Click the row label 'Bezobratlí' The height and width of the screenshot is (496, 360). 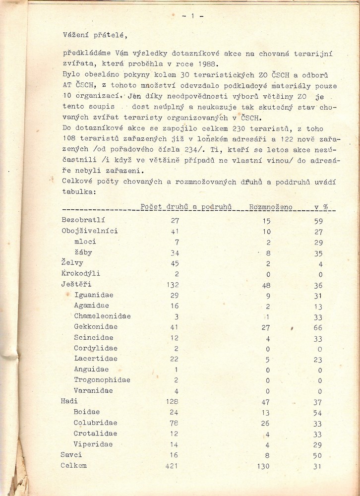coord(83,220)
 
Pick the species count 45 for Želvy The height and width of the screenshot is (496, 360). coord(175,263)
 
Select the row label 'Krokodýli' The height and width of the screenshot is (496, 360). coord(81,274)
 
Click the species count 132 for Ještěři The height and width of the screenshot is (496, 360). coord(173,285)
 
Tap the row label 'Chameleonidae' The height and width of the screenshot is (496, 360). coord(103,316)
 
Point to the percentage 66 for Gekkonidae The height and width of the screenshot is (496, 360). coord(318,327)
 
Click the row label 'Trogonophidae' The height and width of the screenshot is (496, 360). coord(102,380)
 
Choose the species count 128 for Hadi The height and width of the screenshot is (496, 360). coord(173,401)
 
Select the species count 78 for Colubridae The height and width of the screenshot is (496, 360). coord(175,423)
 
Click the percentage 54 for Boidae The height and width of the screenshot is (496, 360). coord(318,412)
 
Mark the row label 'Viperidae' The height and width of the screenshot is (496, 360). coord(93,444)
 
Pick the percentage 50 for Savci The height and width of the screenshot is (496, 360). coord(318,455)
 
